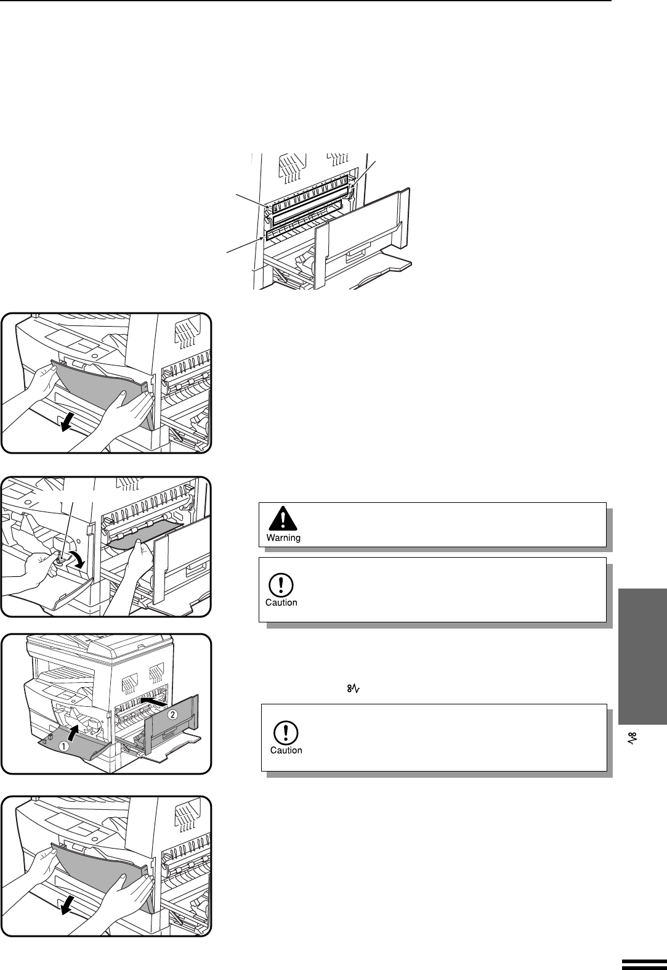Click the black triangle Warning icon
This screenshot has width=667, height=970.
pyautogui.click(x=283, y=519)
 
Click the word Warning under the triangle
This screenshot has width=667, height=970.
pyautogui.click(x=283, y=537)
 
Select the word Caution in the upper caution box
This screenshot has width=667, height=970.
pyautogui.click(x=281, y=602)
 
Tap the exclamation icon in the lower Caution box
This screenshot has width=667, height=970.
pyautogui.click(x=286, y=732)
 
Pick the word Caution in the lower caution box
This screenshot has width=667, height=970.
pyautogui.click(x=286, y=750)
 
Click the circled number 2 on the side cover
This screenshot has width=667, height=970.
pyautogui.click(x=173, y=715)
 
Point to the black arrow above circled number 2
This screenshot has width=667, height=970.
pyautogui.click(x=153, y=701)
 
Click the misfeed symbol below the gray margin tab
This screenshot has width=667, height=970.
pyautogui.click(x=633, y=739)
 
